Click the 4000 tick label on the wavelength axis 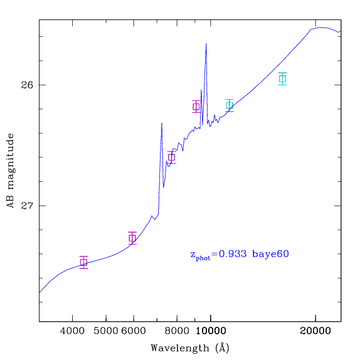pyautogui.click(x=72, y=331)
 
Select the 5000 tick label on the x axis pyautogui.click(x=106, y=331)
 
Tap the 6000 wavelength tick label pyautogui.click(x=134, y=331)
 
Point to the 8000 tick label pyautogui.click(x=177, y=331)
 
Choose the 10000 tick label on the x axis pyautogui.click(x=211, y=331)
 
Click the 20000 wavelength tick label pyautogui.click(x=315, y=331)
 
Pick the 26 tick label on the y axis pyautogui.click(x=27, y=85)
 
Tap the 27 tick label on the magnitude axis pyautogui.click(x=27, y=206)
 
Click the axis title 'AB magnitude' pyautogui.click(x=11, y=171)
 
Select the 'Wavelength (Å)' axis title pyautogui.click(x=190, y=348)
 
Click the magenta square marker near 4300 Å pyautogui.click(x=84, y=262)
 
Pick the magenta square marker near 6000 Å pyautogui.click(x=132, y=238)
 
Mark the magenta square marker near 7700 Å pyautogui.click(x=172, y=157)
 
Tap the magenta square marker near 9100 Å pyautogui.click(x=196, y=107)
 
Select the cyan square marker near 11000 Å pyautogui.click(x=230, y=105)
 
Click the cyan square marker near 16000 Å pyautogui.click(x=283, y=79)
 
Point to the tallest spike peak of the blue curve pyautogui.click(x=206, y=44)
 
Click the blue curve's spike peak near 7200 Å pyautogui.click(x=162, y=123)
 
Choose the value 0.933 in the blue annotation pyautogui.click(x=232, y=254)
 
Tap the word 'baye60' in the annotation pyautogui.click(x=270, y=254)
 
